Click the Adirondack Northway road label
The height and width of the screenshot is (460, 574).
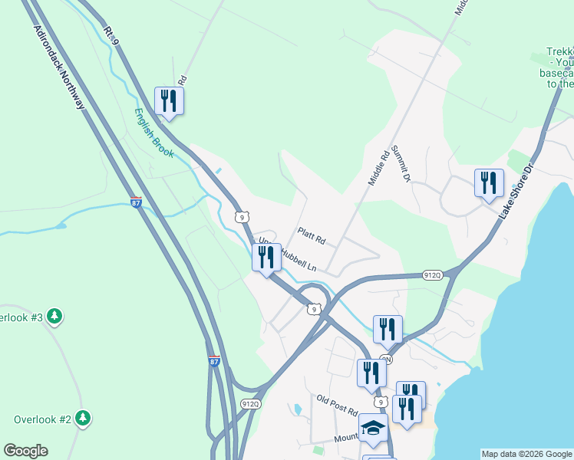pyautogui.click(x=59, y=67)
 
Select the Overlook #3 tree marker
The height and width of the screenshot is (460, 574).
pyautogui.click(x=54, y=316)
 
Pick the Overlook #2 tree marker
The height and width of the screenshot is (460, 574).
pyautogui.click(x=83, y=419)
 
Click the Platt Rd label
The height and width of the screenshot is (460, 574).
pyautogui.click(x=312, y=235)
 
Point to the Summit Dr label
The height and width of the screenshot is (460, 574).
pyautogui.click(x=401, y=163)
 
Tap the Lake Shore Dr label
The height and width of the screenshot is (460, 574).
pyautogui.click(x=516, y=192)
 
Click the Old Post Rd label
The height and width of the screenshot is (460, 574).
pyautogui.click(x=338, y=405)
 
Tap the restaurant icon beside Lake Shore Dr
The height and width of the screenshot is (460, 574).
pyautogui.click(x=489, y=182)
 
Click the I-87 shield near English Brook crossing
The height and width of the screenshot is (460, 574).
pyautogui.click(x=136, y=203)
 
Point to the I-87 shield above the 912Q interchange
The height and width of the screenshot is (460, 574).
pyautogui.click(x=214, y=360)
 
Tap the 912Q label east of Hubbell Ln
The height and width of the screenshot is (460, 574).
pyautogui.click(x=433, y=275)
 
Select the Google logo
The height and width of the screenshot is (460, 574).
pyautogui.click(x=25, y=451)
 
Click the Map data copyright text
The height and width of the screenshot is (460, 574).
pyautogui.click(x=526, y=454)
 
